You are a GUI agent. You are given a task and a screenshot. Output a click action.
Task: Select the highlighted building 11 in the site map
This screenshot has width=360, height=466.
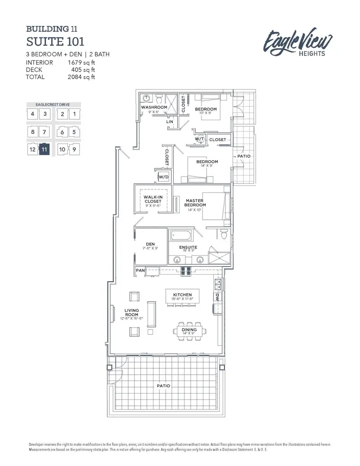44,149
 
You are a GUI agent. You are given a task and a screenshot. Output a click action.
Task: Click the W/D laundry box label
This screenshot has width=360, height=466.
163,177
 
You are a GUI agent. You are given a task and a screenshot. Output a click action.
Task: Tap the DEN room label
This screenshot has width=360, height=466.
150,244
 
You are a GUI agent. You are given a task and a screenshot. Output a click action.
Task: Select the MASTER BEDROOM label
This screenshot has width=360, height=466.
195,203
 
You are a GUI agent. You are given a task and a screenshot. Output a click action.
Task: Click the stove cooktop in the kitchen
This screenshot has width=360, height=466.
185,271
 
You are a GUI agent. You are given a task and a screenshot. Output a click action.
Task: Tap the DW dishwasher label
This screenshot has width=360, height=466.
216,298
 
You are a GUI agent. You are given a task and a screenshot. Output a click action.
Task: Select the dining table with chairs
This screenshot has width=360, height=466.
189,330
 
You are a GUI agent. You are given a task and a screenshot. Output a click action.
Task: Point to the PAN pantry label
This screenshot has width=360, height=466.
140,271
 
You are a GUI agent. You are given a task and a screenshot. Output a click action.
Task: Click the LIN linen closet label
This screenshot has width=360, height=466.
170,122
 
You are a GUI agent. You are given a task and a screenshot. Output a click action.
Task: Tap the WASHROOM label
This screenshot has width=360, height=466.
154,108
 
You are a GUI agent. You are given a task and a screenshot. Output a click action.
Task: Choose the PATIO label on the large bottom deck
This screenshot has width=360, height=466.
163,386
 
